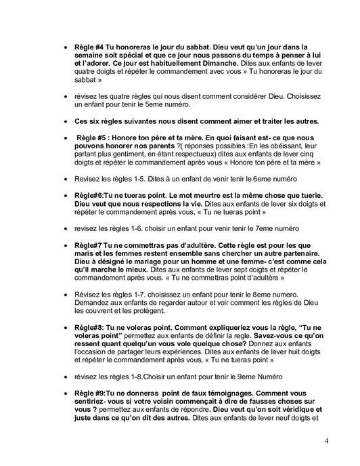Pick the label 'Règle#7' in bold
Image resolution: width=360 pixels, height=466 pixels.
click(90, 243)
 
